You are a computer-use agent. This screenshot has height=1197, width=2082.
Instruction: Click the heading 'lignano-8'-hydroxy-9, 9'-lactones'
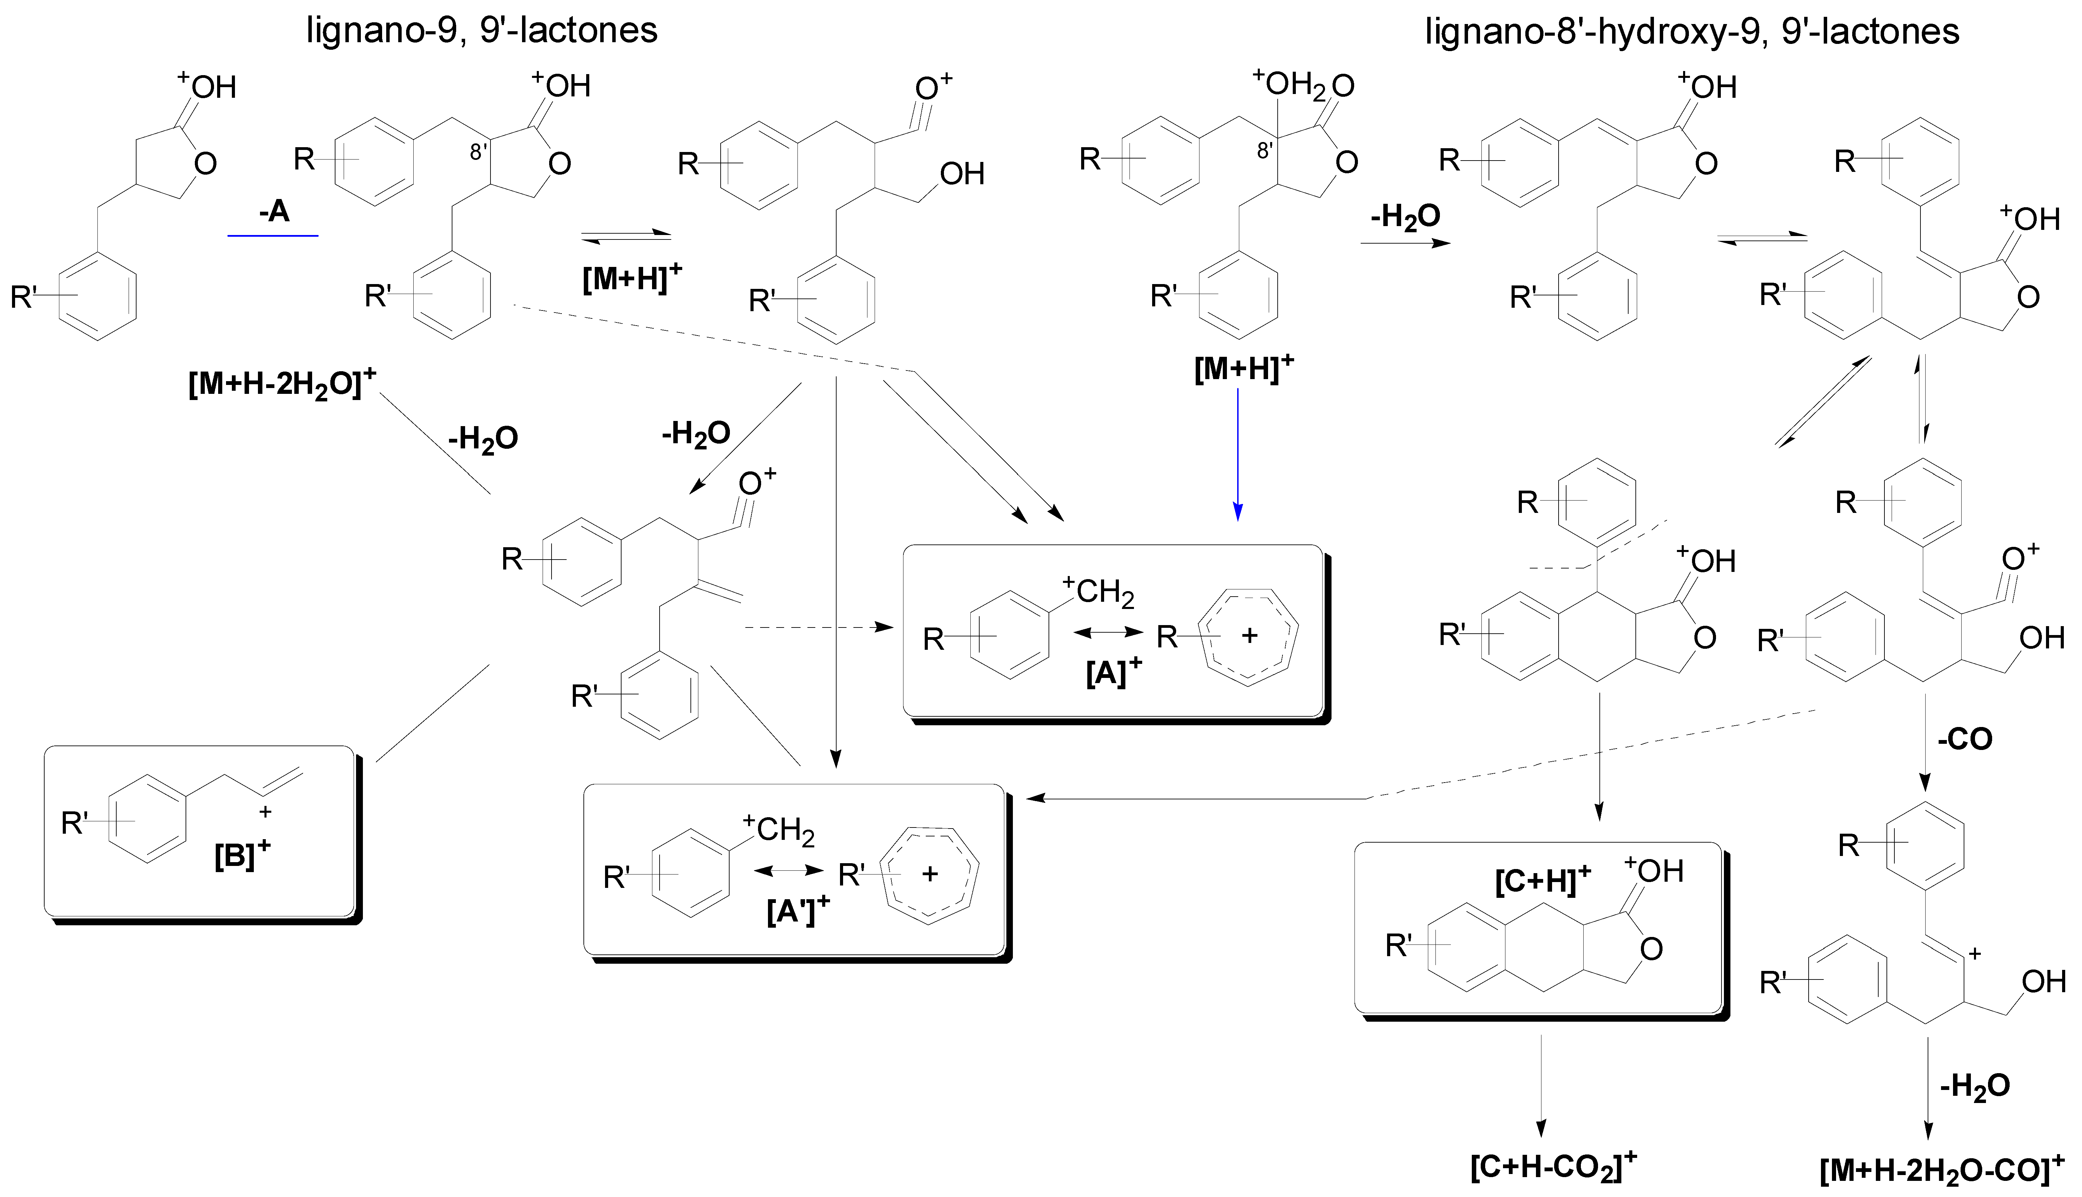(x=1692, y=31)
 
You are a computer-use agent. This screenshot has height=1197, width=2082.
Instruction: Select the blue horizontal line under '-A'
(x=273, y=236)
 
